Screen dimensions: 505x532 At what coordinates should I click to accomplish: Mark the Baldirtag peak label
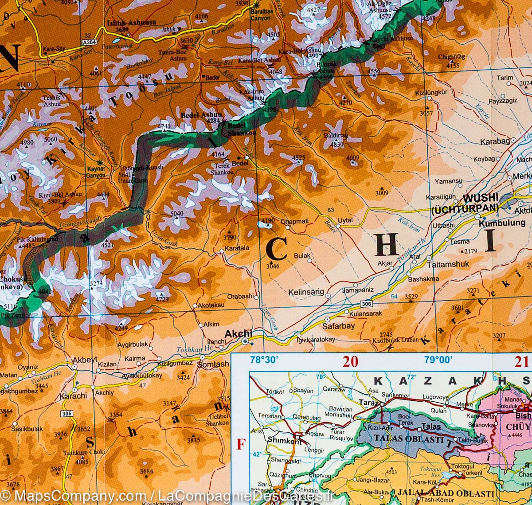(x=336, y=136)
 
